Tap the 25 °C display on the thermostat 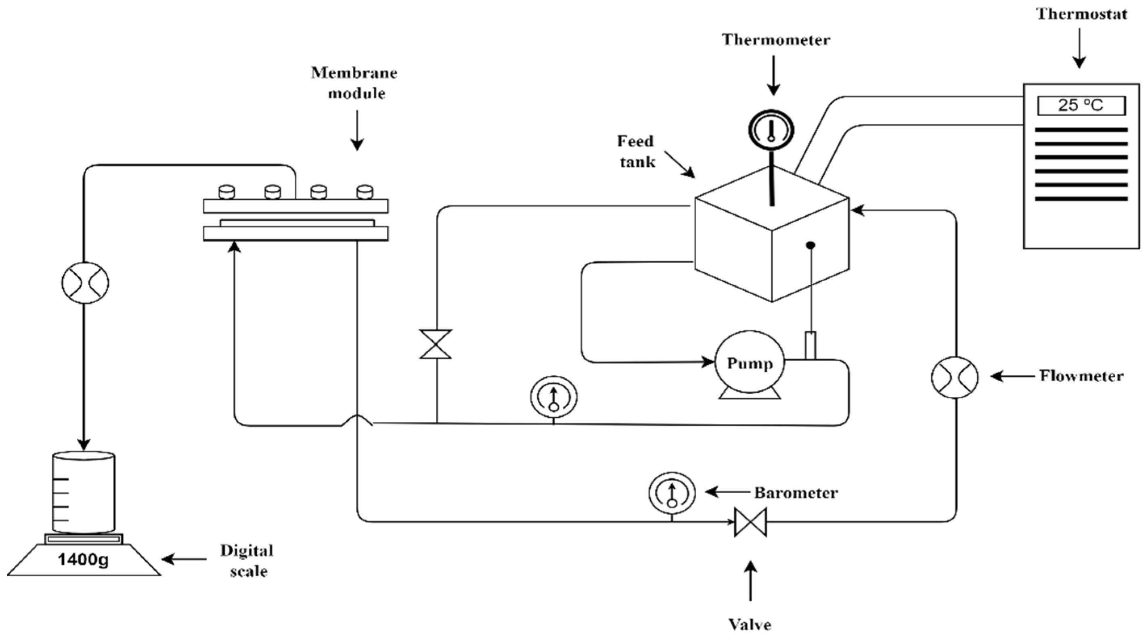point(1081,106)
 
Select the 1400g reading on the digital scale point(83,559)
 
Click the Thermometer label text point(776,40)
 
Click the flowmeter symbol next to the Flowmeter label point(955,377)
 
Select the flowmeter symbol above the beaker point(85,282)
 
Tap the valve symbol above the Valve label point(750,522)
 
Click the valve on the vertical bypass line point(436,344)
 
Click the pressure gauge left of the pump point(553,397)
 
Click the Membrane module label point(355,83)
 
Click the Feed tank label point(636,151)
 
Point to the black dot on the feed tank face point(811,245)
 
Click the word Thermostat point(1082,14)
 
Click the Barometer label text point(796,493)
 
